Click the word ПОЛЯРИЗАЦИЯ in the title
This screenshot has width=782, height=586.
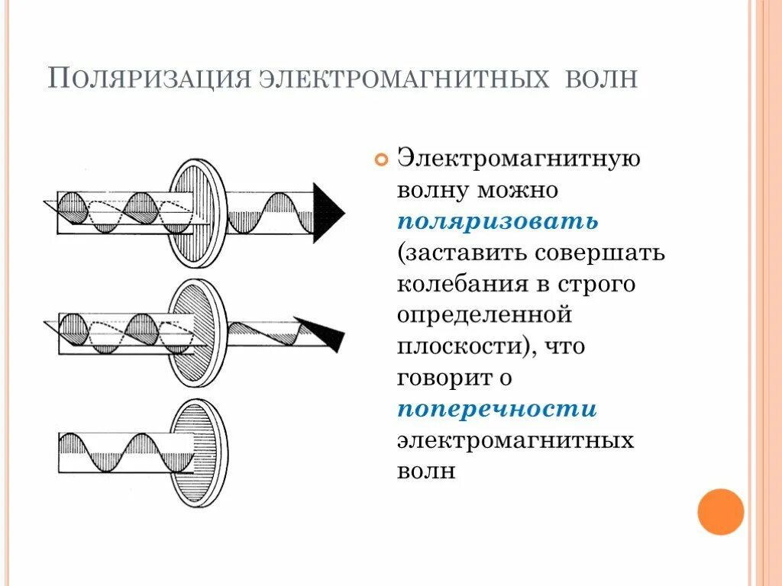pyautogui.click(x=148, y=79)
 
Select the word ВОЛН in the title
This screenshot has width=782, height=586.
pyautogui.click(x=601, y=79)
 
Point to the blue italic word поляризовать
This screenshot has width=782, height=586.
pyautogui.click(x=497, y=221)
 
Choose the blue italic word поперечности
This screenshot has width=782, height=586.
pyautogui.click(x=497, y=408)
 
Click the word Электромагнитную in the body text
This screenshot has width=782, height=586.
pyautogui.click(x=518, y=158)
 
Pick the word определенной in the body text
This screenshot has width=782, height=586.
pyautogui.click(x=484, y=314)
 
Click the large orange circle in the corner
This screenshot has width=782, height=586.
pyautogui.click(x=720, y=511)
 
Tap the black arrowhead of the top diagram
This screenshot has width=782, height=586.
pyautogui.click(x=329, y=213)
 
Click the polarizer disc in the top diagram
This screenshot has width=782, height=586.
pyautogui.click(x=196, y=213)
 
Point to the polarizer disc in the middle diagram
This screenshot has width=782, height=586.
pyautogui.click(x=196, y=333)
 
